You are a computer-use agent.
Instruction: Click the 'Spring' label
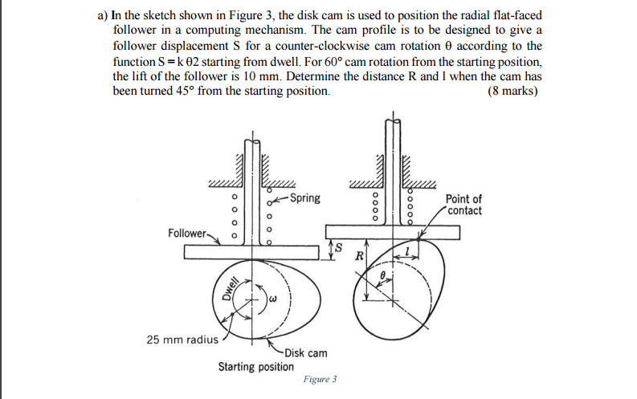coord(304,198)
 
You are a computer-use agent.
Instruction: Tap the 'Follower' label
coord(187,233)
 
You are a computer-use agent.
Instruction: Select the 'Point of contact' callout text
coord(464,205)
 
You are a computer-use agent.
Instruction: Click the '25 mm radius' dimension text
coord(182,339)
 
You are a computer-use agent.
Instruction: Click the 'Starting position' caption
coord(255,367)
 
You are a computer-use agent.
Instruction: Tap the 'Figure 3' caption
coord(320,379)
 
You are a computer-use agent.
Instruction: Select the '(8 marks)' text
coord(512,91)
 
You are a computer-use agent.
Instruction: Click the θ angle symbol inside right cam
coord(384,275)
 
